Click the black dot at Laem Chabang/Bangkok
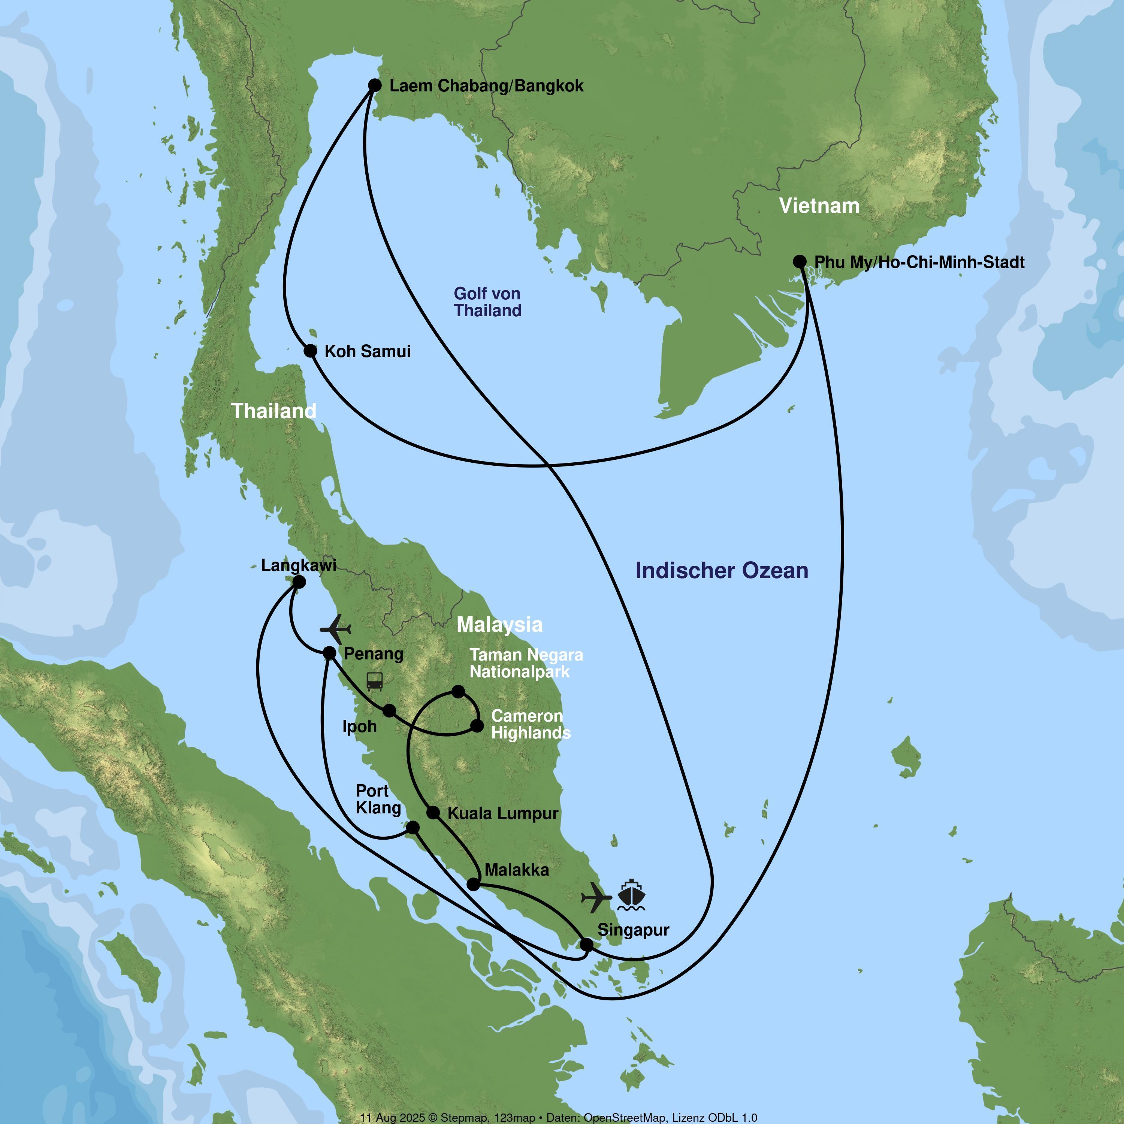tap(375, 85)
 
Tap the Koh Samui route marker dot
tap(311, 351)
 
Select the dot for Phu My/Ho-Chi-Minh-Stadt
tap(800, 262)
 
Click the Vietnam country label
tap(819, 206)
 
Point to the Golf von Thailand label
tap(487, 302)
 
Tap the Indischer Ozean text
tap(721, 571)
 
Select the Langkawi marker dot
tap(299, 582)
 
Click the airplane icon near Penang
tap(336, 629)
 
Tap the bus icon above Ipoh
tap(375, 681)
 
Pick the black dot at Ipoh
tap(390, 710)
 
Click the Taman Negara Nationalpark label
tap(526, 663)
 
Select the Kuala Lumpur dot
tap(433, 813)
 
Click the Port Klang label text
tap(378, 800)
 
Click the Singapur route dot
tap(587, 945)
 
